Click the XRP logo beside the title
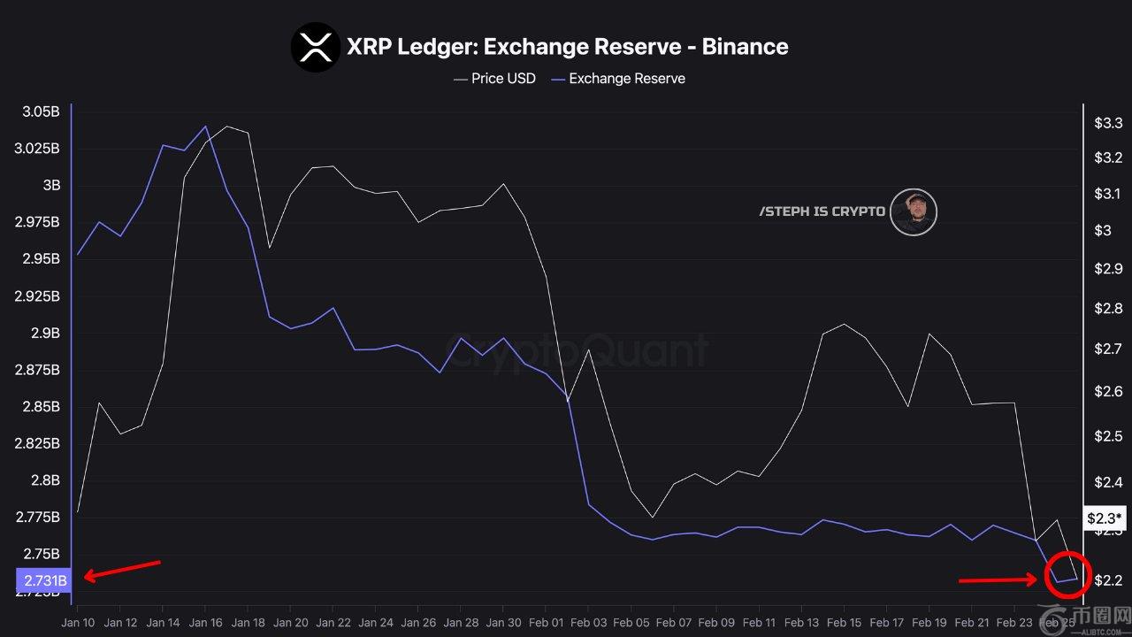pos(316,47)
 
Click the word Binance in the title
pos(745,47)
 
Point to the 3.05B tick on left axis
pos(42,111)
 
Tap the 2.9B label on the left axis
pos(46,333)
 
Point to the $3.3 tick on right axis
pos(1108,123)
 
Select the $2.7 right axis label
pos(1108,349)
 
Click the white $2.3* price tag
pos(1104,518)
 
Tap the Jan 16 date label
pos(205,622)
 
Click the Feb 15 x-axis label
pos(845,622)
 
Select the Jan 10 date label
pos(77,622)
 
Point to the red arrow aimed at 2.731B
pos(122,570)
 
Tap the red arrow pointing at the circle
pos(998,581)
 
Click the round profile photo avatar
pos(913,212)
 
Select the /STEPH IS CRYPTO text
pos(822,212)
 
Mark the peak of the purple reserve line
pos(205,126)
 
